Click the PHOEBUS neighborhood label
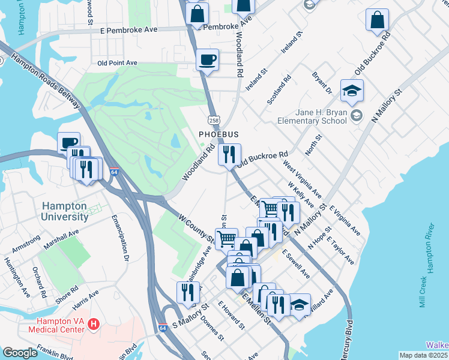(219, 134)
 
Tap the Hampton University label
(64, 211)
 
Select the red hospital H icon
(93, 325)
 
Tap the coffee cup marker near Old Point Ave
(208, 60)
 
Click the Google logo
(20, 353)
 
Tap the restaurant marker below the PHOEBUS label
(229, 155)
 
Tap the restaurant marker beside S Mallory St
(188, 293)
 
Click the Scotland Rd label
(279, 89)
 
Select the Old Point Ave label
(117, 62)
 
